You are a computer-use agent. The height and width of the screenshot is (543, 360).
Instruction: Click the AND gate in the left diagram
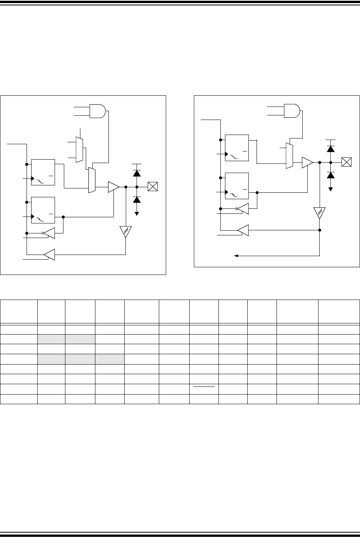point(97,111)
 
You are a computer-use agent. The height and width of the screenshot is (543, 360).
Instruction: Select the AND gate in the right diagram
point(292,111)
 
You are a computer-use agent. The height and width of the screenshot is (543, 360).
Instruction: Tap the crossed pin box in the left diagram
point(153,187)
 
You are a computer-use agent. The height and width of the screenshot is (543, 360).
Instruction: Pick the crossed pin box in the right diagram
point(347,162)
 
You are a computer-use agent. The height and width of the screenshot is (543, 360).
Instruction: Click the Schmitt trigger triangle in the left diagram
point(126,232)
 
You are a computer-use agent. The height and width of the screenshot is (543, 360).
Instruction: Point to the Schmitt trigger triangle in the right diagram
point(320,213)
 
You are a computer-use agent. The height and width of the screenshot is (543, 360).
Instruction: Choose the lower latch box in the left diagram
point(43,210)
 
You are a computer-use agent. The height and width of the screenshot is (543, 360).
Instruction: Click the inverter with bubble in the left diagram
point(49,233)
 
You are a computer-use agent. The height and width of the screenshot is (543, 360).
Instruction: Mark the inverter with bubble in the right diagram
point(243,209)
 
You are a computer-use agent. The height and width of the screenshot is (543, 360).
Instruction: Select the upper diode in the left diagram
point(137,173)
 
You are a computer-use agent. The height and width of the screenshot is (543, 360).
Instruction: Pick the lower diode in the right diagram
point(330,175)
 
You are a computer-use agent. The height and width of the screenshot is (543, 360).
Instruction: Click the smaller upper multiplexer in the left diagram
point(80,150)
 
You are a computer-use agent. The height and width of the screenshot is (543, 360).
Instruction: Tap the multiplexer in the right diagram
point(289,156)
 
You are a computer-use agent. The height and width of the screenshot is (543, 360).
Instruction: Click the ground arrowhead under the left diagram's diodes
point(137,213)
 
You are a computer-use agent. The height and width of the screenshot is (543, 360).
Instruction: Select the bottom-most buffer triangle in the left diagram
point(50,254)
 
